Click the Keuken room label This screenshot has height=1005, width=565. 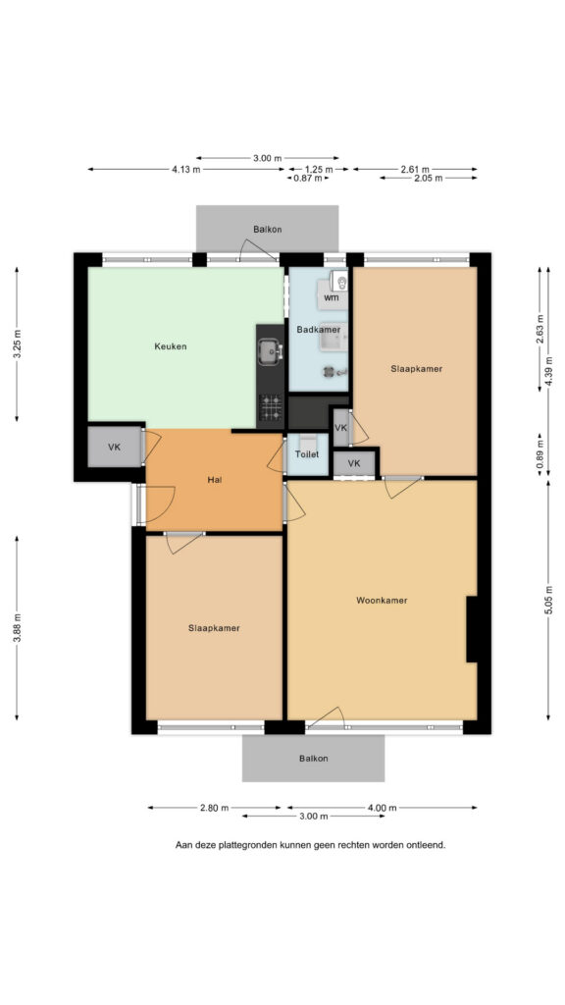(x=171, y=346)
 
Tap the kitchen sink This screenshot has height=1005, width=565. (x=271, y=351)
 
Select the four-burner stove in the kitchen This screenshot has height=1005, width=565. (x=271, y=407)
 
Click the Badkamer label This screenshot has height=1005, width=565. (x=319, y=330)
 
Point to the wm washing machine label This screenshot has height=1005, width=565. (x=332, y=297)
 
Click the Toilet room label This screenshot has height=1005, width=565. (x=306, y=454)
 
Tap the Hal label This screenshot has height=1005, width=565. (x=215, y=479)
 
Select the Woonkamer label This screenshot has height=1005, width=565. (x=382, y=601)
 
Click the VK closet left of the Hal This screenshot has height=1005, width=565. (x=114, y=448)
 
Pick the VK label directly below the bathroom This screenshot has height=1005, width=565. (x=340, y=428)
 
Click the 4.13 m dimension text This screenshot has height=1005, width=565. (x=185, y=170)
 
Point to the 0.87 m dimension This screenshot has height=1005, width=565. (x=308, y=179)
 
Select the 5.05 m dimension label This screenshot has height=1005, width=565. (x=548, y=600)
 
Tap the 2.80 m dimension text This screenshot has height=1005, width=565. (x=214, y=808)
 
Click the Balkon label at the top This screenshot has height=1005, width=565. (x=267, y=230)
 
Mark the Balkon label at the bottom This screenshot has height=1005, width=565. (x=313, y=759)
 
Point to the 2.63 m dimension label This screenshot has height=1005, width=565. (x=540, y=330)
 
